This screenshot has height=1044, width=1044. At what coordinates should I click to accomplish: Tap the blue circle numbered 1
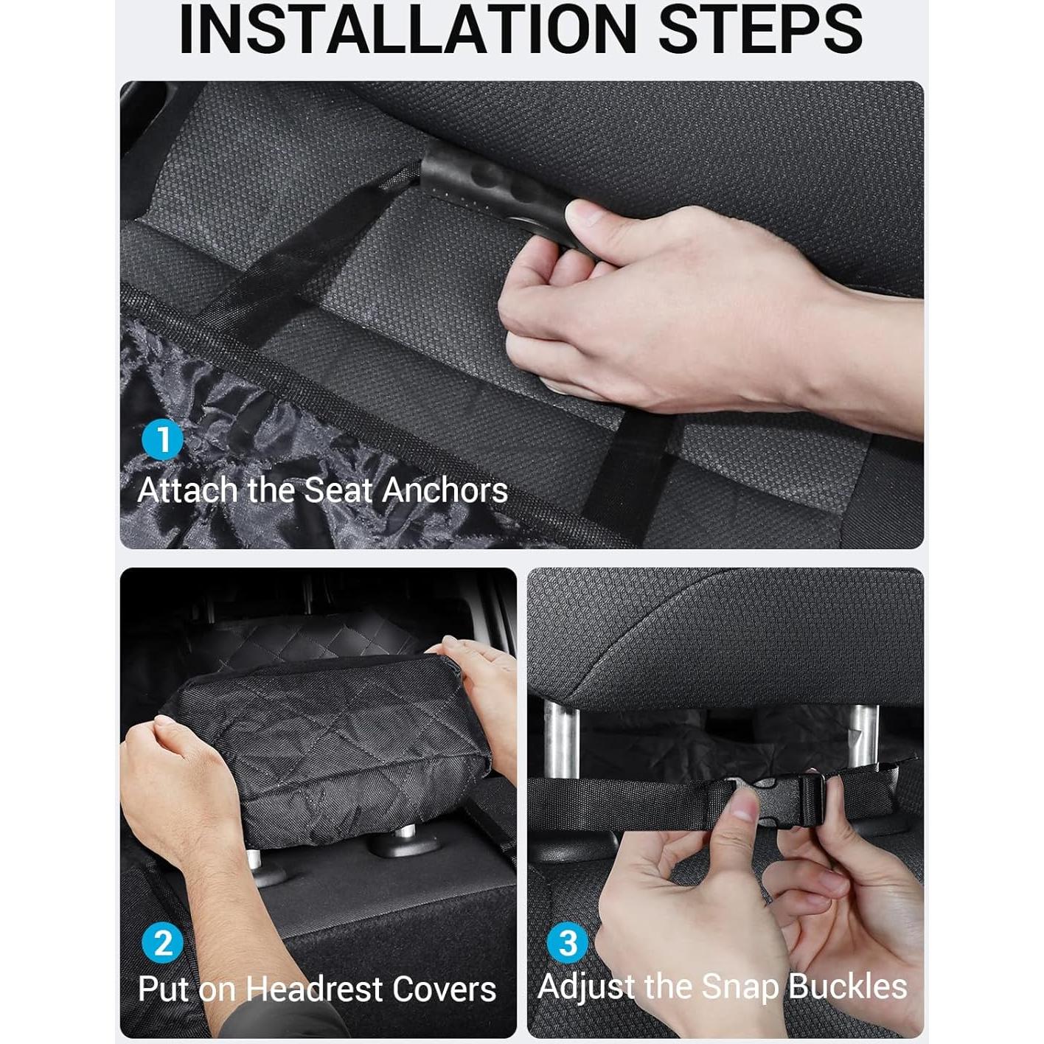(162, 439)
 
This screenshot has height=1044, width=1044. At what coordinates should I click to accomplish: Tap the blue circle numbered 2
(162, 943)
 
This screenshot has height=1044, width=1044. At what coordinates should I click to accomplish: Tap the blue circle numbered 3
(568, 943)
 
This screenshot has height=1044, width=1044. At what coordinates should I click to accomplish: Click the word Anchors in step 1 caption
(445, 491)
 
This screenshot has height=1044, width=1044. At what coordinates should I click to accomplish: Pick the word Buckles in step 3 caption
(848, 986)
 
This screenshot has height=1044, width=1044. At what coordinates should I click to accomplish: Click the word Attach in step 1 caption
(187, 491)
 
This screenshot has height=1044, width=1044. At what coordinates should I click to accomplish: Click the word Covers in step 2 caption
(447, 989)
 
